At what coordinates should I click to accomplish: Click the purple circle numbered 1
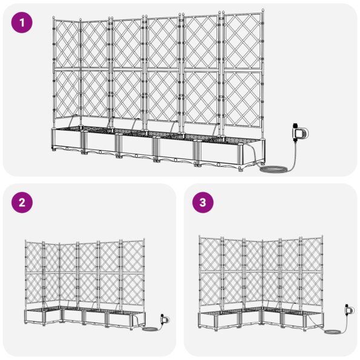(x=22, y=22)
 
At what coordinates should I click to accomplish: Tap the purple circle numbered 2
(x=22, y=203)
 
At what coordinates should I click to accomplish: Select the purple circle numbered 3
(x=203, y=203)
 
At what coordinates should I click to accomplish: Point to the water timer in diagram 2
(x=165, y=319)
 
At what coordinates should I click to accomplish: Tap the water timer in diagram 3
(x=349, y=310)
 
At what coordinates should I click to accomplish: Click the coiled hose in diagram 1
(x=273, y=169)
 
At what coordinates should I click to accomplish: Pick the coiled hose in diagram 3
(x=332, y=332)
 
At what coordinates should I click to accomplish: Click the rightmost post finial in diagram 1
(x=263, y=10)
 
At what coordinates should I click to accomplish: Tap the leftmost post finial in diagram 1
(x=54, y=18)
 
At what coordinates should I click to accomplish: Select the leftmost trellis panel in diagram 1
(x=67, y=70)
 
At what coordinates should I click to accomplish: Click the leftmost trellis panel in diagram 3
(x=210, y=271)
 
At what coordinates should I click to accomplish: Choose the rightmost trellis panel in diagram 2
(x=133, y=273)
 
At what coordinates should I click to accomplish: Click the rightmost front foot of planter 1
(x=241, y=169)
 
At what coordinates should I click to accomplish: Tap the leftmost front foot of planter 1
(x=54, y=149)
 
